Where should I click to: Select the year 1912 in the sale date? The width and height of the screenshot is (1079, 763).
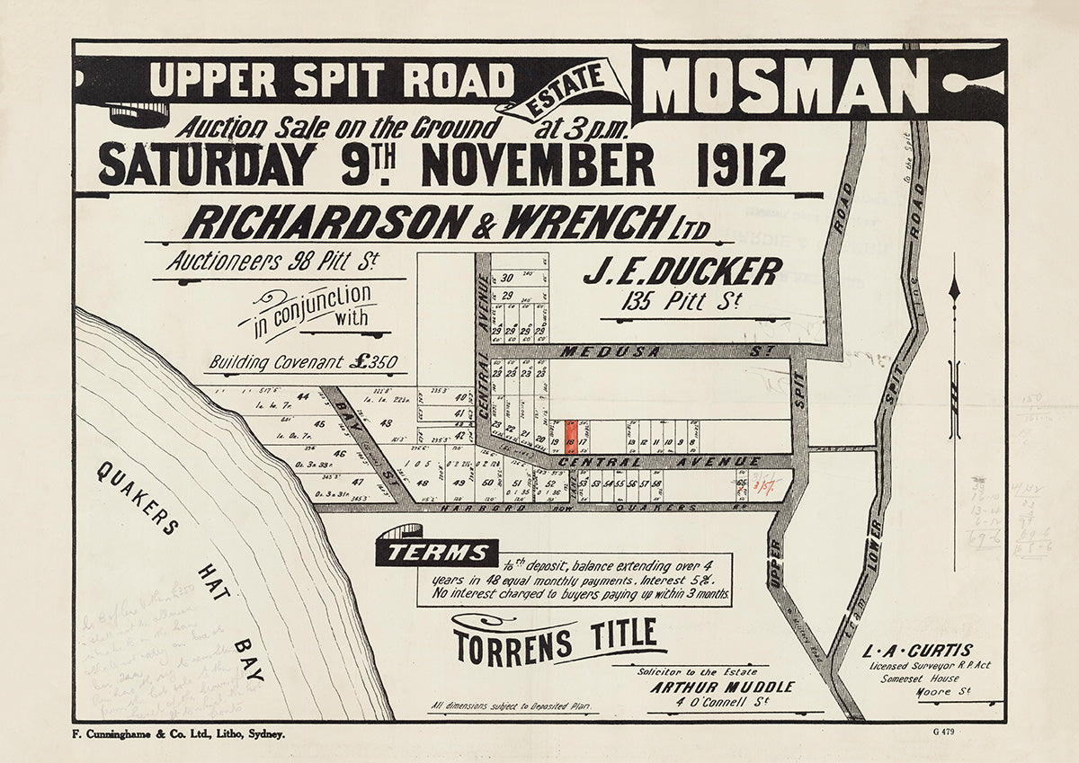pos(741,165)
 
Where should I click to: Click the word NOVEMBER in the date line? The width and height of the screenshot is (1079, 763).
pos(537,165)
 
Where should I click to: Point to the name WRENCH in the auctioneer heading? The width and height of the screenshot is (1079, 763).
pos(587,223)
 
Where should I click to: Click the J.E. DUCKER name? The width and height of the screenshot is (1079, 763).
pos(682,271)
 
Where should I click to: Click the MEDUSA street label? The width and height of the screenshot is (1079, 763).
pos(597,352)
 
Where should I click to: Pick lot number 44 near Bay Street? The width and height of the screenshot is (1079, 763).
pos(302,397)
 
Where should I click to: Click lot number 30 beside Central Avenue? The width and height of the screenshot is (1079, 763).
pos(507,278)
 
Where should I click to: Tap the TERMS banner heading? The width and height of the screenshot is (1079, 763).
pos(436,553)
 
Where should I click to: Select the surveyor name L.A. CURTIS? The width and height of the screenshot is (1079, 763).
pos(917,650)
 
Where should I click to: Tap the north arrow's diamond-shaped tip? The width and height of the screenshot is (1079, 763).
pos(954,289)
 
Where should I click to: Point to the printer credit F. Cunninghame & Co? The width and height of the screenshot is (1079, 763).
pos(177,734)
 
